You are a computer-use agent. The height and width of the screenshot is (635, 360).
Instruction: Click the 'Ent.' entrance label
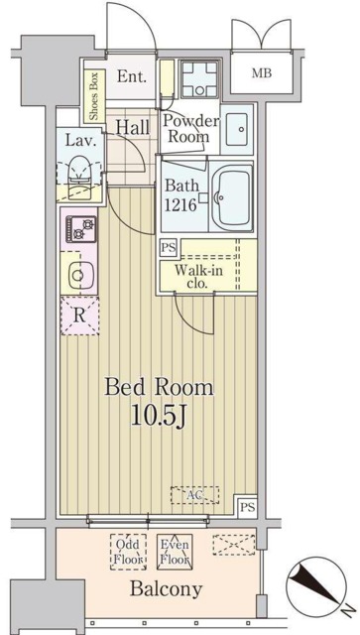pos(131,75)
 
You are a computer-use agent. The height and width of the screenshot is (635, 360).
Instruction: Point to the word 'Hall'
pos(132,127)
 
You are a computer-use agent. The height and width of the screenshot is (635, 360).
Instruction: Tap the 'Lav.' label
pos(80,141)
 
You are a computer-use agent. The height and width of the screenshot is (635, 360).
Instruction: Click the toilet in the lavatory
pos(77,175)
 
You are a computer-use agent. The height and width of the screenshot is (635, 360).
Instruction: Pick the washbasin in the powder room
pos(237,128)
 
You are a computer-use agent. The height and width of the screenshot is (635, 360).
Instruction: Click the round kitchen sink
pos(76,272)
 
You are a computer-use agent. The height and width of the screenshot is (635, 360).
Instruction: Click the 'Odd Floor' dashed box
pos(127,552)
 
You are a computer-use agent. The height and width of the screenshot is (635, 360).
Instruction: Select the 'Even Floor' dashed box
pos(175,552)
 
